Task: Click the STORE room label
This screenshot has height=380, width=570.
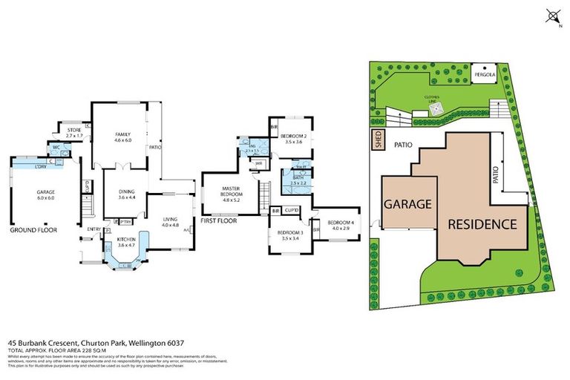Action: click(x=73, y=131)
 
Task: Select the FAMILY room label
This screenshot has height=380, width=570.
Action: click(x=122, y=134)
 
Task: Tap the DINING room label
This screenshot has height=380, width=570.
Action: click(x=127, y=191)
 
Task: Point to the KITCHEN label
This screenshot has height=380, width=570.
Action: click(x=126, y=238)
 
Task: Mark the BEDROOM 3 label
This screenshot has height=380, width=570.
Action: click(x=290, y=233)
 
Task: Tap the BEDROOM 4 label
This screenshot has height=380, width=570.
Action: click(x=339, y=222)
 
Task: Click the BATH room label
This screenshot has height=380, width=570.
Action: click(x=298, y=177)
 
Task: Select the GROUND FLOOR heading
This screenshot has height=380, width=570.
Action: click(x=33, y=230)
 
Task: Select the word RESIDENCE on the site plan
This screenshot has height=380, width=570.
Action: click(x=482, y=223)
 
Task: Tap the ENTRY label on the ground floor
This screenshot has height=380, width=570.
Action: click(x=94, y=229)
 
